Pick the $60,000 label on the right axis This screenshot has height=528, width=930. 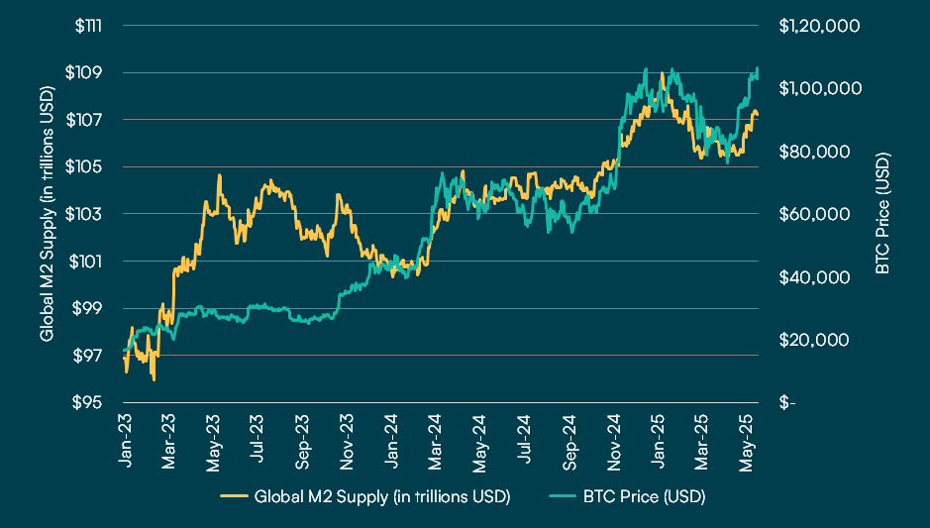pos(814,214)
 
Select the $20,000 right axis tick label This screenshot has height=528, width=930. pos(814,340)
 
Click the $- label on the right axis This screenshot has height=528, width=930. pos(786,403)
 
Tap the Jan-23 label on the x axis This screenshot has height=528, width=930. pos(126,436)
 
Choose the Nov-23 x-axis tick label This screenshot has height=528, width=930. pos(349,437)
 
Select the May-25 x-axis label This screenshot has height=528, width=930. pos(750,437)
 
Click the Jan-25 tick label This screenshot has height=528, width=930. pos(662,436)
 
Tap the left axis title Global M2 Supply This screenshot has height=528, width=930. pos(47,214)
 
